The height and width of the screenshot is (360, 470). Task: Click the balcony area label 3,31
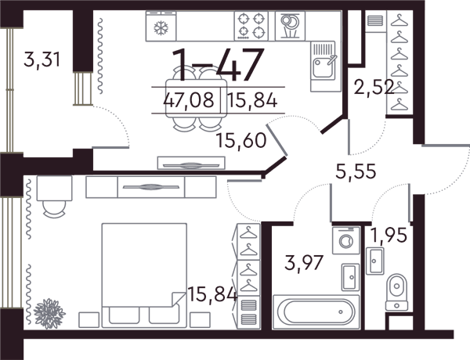42,59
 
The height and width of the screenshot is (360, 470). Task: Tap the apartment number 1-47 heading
218,65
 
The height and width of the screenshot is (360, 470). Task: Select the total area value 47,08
189,99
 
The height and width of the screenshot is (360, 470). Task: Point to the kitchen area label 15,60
241,140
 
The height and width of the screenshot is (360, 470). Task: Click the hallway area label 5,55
356,171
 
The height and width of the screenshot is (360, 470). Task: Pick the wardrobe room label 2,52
374,88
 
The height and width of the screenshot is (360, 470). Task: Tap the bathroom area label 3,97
304,263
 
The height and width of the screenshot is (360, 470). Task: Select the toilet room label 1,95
389,235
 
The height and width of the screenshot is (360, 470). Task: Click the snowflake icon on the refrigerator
161,28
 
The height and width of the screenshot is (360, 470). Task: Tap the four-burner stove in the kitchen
251,26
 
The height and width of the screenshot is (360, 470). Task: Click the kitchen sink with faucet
323,61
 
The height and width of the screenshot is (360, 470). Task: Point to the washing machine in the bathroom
346,240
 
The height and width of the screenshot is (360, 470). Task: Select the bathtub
316,312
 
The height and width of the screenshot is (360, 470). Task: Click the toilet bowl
397,291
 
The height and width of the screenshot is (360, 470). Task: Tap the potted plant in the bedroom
49,314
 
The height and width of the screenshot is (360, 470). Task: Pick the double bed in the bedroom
144,275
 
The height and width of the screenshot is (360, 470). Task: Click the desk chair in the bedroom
54,210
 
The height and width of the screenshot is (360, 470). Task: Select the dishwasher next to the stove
290,26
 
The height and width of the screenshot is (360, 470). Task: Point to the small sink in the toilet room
374,261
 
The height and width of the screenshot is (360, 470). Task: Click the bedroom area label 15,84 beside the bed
212,294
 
